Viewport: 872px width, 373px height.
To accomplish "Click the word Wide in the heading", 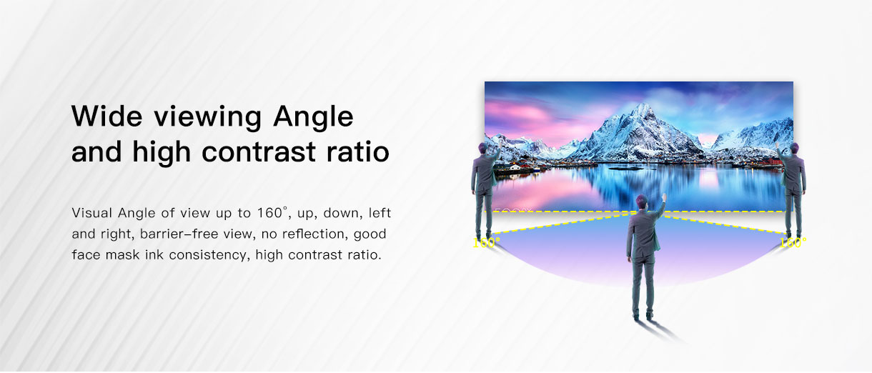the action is pos(107,116).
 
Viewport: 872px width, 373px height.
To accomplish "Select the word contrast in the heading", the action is pos(259,152).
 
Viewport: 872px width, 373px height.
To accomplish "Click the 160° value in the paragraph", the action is pos(272,213).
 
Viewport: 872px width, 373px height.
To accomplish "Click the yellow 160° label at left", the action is pos(486,243).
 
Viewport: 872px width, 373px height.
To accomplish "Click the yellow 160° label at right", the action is pos(793,243).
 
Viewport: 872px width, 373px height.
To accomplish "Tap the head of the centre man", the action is pos(642,202).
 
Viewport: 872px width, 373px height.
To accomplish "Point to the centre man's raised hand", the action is pos(664,197).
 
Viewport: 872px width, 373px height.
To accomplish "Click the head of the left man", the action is pos(482,149).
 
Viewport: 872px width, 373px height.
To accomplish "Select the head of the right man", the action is pos(795,149).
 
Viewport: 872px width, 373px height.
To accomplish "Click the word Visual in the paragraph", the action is pos(92,213).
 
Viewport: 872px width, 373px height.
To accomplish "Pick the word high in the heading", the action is pos(162,153).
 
